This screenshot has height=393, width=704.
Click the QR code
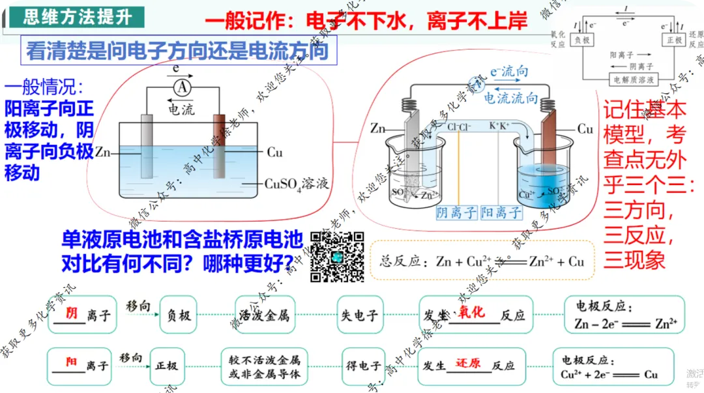click(336, 257)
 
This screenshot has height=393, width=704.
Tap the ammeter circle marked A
click(184, 87)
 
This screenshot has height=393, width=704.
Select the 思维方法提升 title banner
click(77, 16)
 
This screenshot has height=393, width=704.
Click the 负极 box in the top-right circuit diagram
click(583, 40)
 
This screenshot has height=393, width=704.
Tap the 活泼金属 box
click(264, 315)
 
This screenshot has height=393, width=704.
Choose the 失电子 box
click(359, 315)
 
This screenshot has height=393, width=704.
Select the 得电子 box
click(361, 366)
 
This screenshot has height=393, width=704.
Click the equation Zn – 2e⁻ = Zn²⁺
click(625, 323)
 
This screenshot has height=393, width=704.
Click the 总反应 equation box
click(482, 262)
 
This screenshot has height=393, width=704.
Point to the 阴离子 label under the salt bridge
click(456, 212)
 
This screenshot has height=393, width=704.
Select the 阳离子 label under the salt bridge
click(501, 212)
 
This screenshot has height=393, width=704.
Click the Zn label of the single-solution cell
click(102, 153)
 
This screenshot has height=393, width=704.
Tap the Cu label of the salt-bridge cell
click(585, 129)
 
